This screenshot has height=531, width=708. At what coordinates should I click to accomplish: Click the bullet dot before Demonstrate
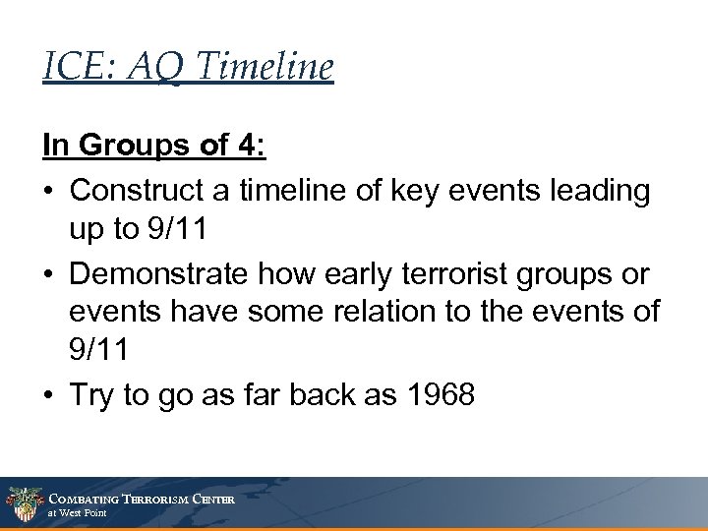click(x=48, y=275)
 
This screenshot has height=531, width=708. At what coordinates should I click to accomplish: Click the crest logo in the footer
click(x=22, y=503)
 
